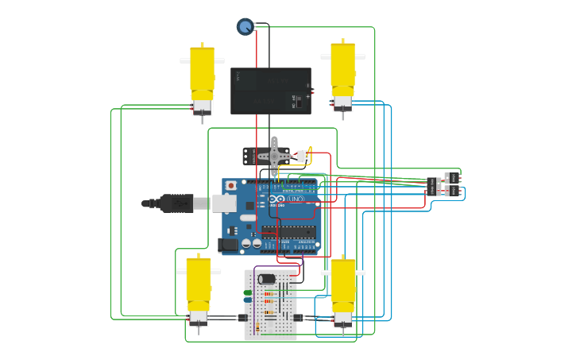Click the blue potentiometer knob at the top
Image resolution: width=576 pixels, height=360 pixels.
[245, 27]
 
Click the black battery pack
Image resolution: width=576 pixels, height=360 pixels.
[270, 91]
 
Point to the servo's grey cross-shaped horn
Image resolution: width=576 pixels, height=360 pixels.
[275, 155]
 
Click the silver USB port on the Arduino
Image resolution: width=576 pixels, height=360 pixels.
[224, 203]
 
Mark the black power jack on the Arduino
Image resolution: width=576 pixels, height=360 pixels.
[230, 246]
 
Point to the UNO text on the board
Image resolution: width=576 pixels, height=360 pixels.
[296, 199]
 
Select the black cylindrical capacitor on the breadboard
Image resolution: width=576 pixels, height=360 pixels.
[267, 279]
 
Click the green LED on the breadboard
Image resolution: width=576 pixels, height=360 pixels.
[248, 293]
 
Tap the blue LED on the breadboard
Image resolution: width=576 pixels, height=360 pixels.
[248, 300]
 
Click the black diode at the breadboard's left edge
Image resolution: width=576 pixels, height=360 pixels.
[243, 318]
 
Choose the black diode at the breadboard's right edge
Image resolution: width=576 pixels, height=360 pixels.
[298, 318]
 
